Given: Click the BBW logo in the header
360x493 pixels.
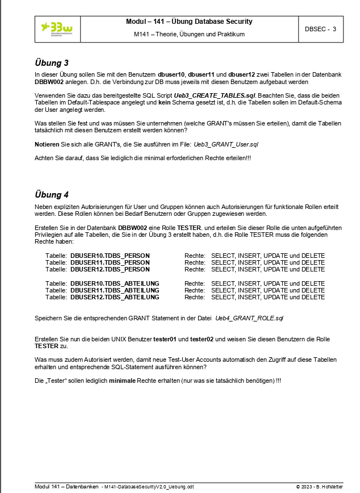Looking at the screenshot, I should coord(57,28).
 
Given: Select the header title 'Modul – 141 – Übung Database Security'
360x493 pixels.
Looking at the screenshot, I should coord(189,22).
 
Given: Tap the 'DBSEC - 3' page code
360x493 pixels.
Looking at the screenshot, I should coord(320,29).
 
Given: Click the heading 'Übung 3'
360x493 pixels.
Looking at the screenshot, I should coord(52,62).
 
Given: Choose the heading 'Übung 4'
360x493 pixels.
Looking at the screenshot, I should coord(52,194).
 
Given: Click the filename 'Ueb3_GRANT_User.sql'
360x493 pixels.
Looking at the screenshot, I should coord(226,145).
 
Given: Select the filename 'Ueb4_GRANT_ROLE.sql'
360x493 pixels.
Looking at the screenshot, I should coord(249,318).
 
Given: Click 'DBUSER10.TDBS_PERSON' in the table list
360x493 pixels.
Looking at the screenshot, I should coord(110,256).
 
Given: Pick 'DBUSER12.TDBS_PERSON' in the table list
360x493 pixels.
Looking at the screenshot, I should coord(110,270).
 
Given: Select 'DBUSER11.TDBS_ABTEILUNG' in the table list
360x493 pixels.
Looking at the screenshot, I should coord(115,290).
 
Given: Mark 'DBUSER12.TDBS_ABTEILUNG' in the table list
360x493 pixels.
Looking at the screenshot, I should coord(115,297).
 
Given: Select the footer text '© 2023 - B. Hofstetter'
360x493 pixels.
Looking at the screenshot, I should coord(319,487).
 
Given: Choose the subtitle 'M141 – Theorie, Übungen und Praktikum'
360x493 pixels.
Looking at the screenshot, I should coord(189,35).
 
